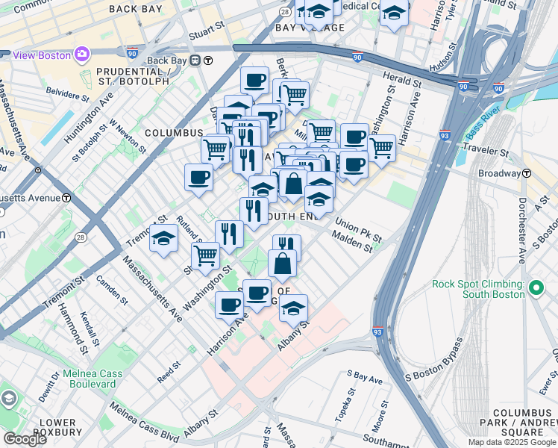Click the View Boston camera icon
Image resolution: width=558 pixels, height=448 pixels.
[81, 55]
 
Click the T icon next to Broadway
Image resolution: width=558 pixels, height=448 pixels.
[527, 173]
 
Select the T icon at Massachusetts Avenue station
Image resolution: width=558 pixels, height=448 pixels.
[66, 199]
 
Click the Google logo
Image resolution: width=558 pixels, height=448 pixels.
[25, 439]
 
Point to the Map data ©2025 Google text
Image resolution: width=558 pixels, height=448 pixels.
[512, 442]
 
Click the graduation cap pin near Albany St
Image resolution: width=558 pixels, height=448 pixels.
[293, 308]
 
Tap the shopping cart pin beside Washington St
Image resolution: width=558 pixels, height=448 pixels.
[206, 255]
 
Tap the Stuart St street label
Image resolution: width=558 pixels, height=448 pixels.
[207, 30]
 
